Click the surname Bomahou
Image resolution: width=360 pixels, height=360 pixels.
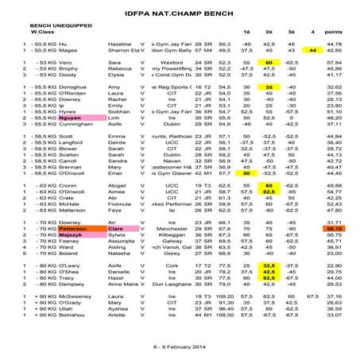coord(64,315)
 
